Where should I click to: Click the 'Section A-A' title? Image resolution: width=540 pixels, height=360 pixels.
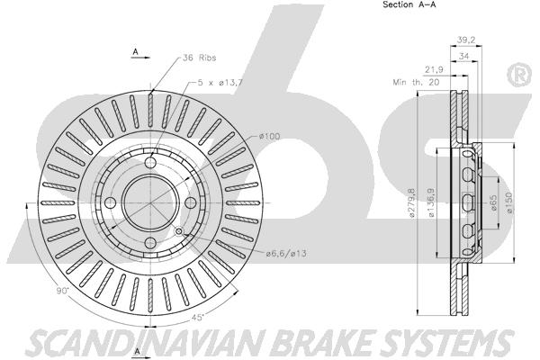409,4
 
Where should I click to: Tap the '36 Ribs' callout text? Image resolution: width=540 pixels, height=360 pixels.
200,58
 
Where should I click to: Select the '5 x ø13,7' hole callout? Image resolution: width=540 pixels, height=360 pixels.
220,83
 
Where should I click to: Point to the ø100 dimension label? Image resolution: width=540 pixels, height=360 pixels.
270,136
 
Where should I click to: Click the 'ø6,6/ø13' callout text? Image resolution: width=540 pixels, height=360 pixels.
286,254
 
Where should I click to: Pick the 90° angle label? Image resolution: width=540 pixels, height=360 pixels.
63,291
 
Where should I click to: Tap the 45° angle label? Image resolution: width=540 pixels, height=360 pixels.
198,318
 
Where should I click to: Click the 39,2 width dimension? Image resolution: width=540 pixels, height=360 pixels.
466,40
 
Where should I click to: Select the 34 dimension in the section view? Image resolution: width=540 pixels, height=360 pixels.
463,56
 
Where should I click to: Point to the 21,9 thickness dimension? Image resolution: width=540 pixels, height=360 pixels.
434,70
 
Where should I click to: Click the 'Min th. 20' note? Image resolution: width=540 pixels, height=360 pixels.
416,82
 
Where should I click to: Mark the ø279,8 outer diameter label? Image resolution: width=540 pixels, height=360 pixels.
411,202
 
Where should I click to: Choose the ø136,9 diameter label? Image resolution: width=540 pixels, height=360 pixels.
431,202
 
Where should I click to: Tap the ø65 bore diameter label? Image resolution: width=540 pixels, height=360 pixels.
493,203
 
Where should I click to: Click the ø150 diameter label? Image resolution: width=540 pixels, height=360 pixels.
509,202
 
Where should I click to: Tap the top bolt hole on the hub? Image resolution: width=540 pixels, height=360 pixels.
150,162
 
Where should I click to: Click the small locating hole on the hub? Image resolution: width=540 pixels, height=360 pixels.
178,231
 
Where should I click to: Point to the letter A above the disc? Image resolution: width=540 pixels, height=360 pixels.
136,51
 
